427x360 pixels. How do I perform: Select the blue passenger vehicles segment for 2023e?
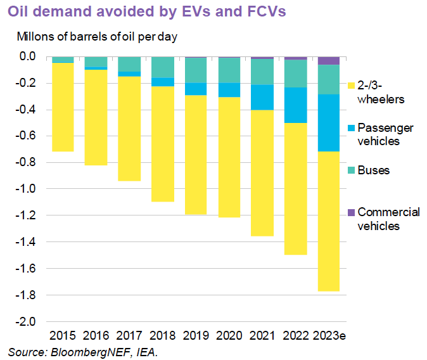click(328, 123)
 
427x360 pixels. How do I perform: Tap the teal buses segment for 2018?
click(162, 67)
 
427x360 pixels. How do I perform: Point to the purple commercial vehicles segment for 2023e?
click(328, 61)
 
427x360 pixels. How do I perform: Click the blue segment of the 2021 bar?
click(262, 97)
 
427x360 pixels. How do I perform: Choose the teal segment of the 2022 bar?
click(295, 74)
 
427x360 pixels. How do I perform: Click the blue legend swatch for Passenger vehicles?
click(351, 127)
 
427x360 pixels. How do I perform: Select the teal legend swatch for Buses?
click(351, 170)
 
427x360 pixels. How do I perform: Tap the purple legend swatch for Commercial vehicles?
click(351, 212)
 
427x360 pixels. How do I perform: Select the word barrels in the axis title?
click(98, 36)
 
